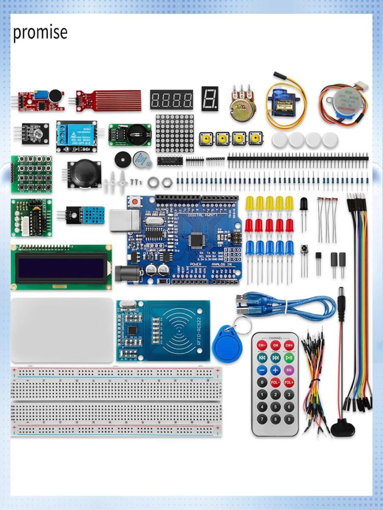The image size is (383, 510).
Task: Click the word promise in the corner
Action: pos(40,32)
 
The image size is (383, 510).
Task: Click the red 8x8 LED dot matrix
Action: pos(174,133)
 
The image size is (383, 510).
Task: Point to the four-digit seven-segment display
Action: pos(171,99)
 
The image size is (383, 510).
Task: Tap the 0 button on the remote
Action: pos(262,382)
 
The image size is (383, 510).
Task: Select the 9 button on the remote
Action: pos(289,419)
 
